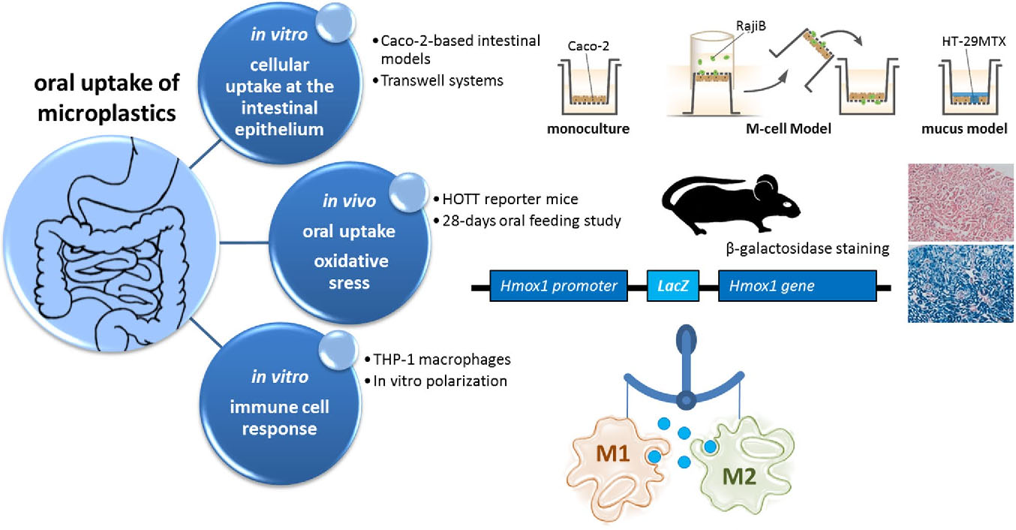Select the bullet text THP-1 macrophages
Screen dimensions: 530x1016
tap(436, 360)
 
